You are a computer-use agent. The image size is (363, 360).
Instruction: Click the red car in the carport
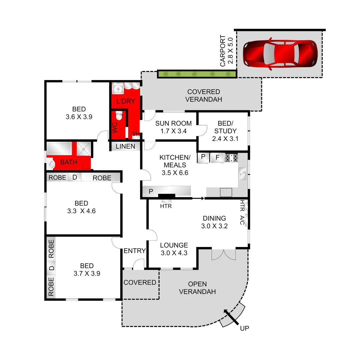click(280, 55)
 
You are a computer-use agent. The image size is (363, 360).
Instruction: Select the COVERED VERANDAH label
click(204, 95)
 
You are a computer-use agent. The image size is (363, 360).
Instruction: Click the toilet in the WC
click(119, 116)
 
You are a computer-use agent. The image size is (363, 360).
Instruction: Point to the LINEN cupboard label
click(125, 146)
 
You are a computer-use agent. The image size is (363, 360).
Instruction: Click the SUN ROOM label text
click(173, 124)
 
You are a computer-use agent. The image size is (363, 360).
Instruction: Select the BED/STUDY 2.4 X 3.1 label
click(225, 131)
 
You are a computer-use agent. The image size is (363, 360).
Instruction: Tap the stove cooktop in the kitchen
click(232, 158)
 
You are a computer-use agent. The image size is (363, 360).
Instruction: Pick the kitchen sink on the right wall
click(243, 174)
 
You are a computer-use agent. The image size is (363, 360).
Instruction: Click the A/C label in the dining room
click(242, 220)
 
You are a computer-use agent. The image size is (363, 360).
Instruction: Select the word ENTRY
click(134, 251)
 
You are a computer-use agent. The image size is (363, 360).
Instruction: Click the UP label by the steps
click(245, 328)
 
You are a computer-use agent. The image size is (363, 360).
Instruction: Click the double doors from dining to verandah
click(224, 255)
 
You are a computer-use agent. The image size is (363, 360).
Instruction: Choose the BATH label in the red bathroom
click(69, 162)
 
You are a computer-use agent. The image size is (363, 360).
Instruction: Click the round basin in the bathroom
click(51, 164)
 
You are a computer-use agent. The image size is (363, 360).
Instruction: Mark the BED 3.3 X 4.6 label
click(81, 207)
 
